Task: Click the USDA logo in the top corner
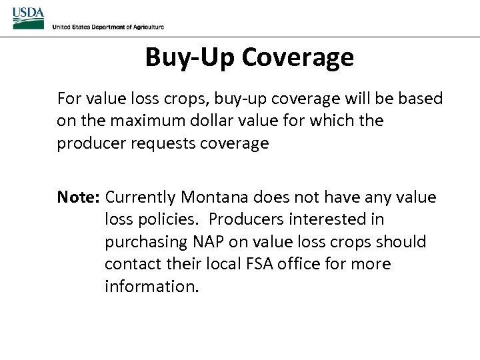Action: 28,17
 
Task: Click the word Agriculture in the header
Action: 145,27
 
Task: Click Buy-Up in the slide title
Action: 190,57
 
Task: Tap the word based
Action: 421,99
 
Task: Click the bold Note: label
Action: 78,197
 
